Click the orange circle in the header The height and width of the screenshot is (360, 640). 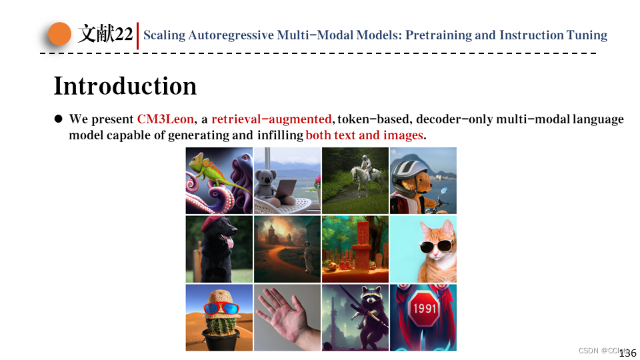(59, 34)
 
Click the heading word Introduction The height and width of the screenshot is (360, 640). (125, 86)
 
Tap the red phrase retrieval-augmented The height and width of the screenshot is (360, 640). (271, 119)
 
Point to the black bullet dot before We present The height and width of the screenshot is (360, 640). (58, 119)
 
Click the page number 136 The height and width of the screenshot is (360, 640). (627, 353)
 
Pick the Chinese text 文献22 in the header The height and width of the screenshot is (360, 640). (105, 34)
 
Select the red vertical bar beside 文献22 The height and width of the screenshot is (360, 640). (137, 35)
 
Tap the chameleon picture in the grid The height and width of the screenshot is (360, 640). (219, 180)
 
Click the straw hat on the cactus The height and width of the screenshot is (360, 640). (219, 297)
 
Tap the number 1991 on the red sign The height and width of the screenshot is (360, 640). (424, 309)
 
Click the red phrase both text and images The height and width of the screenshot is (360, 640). (364, 135)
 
